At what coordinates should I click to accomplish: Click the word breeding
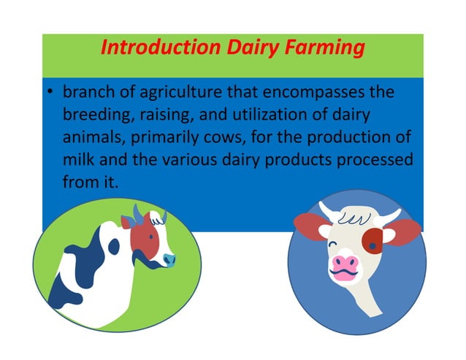[x=95, y=115]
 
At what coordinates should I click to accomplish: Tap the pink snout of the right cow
[x=345, y=265]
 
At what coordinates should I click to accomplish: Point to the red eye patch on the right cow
[x=372, y=240]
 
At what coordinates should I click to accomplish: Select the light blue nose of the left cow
[x=169, y=259]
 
